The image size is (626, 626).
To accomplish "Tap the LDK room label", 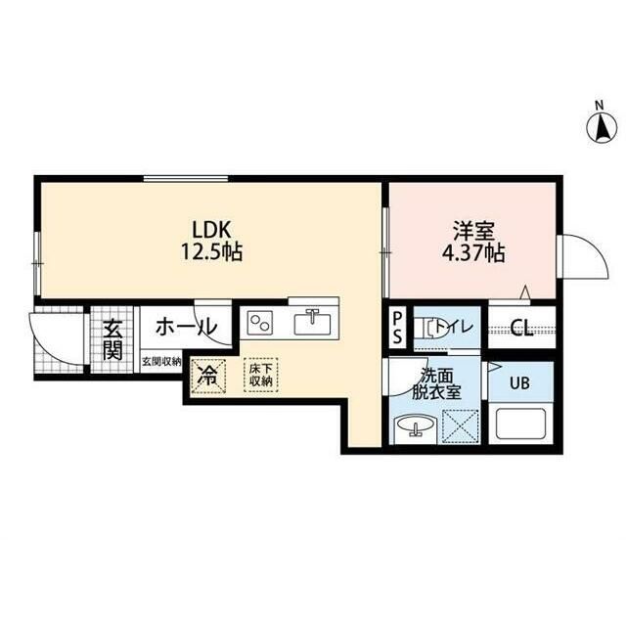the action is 212,230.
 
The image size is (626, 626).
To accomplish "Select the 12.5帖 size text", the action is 212,252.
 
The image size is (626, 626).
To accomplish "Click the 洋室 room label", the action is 473,231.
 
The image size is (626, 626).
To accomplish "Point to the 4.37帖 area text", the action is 473,252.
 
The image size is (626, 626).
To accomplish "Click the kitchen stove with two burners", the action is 260,323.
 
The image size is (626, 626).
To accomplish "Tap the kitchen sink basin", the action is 313,323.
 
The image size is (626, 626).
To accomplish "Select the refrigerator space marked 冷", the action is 208,376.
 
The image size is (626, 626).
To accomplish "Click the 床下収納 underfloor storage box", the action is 261,375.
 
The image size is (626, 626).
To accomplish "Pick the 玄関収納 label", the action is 161,362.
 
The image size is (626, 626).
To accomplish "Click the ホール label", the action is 186,328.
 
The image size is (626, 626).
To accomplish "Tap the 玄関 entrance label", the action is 112,339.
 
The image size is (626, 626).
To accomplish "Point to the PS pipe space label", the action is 398,328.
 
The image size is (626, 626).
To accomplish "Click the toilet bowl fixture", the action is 428,329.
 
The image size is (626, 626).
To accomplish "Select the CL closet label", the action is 521,328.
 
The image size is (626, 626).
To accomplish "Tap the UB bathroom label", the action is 519,383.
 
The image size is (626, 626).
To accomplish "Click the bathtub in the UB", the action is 520,423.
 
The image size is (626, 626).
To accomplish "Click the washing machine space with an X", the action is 461,426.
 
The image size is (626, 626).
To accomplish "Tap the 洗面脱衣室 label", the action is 436,384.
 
